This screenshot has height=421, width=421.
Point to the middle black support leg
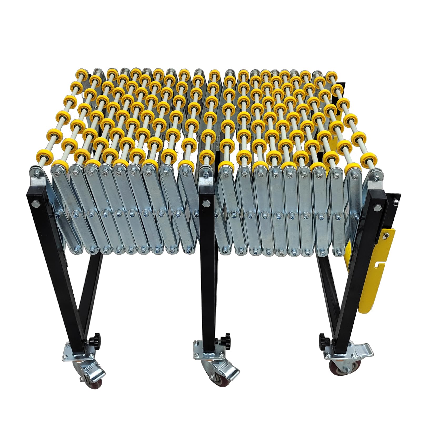pos(208,263)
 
